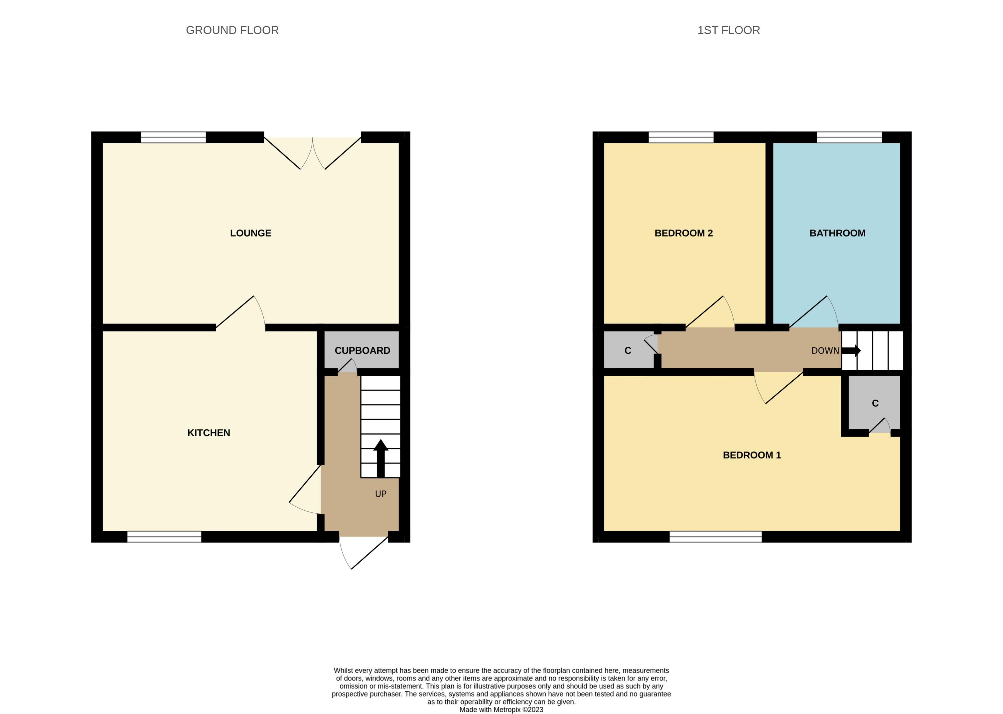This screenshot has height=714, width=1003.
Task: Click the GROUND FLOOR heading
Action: (232, 30)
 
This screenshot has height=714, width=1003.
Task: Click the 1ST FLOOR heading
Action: (728, 30)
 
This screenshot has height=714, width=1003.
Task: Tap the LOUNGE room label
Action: (250, 233)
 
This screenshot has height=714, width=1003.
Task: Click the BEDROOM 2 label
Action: (683, 233)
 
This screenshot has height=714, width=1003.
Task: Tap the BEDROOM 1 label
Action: (752, 455)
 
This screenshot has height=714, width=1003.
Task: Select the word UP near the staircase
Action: (381, 494)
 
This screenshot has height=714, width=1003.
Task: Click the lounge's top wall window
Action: (173, 137)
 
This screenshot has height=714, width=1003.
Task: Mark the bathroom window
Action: (849, 137)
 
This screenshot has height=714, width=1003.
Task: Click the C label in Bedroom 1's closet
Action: (875, 404)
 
